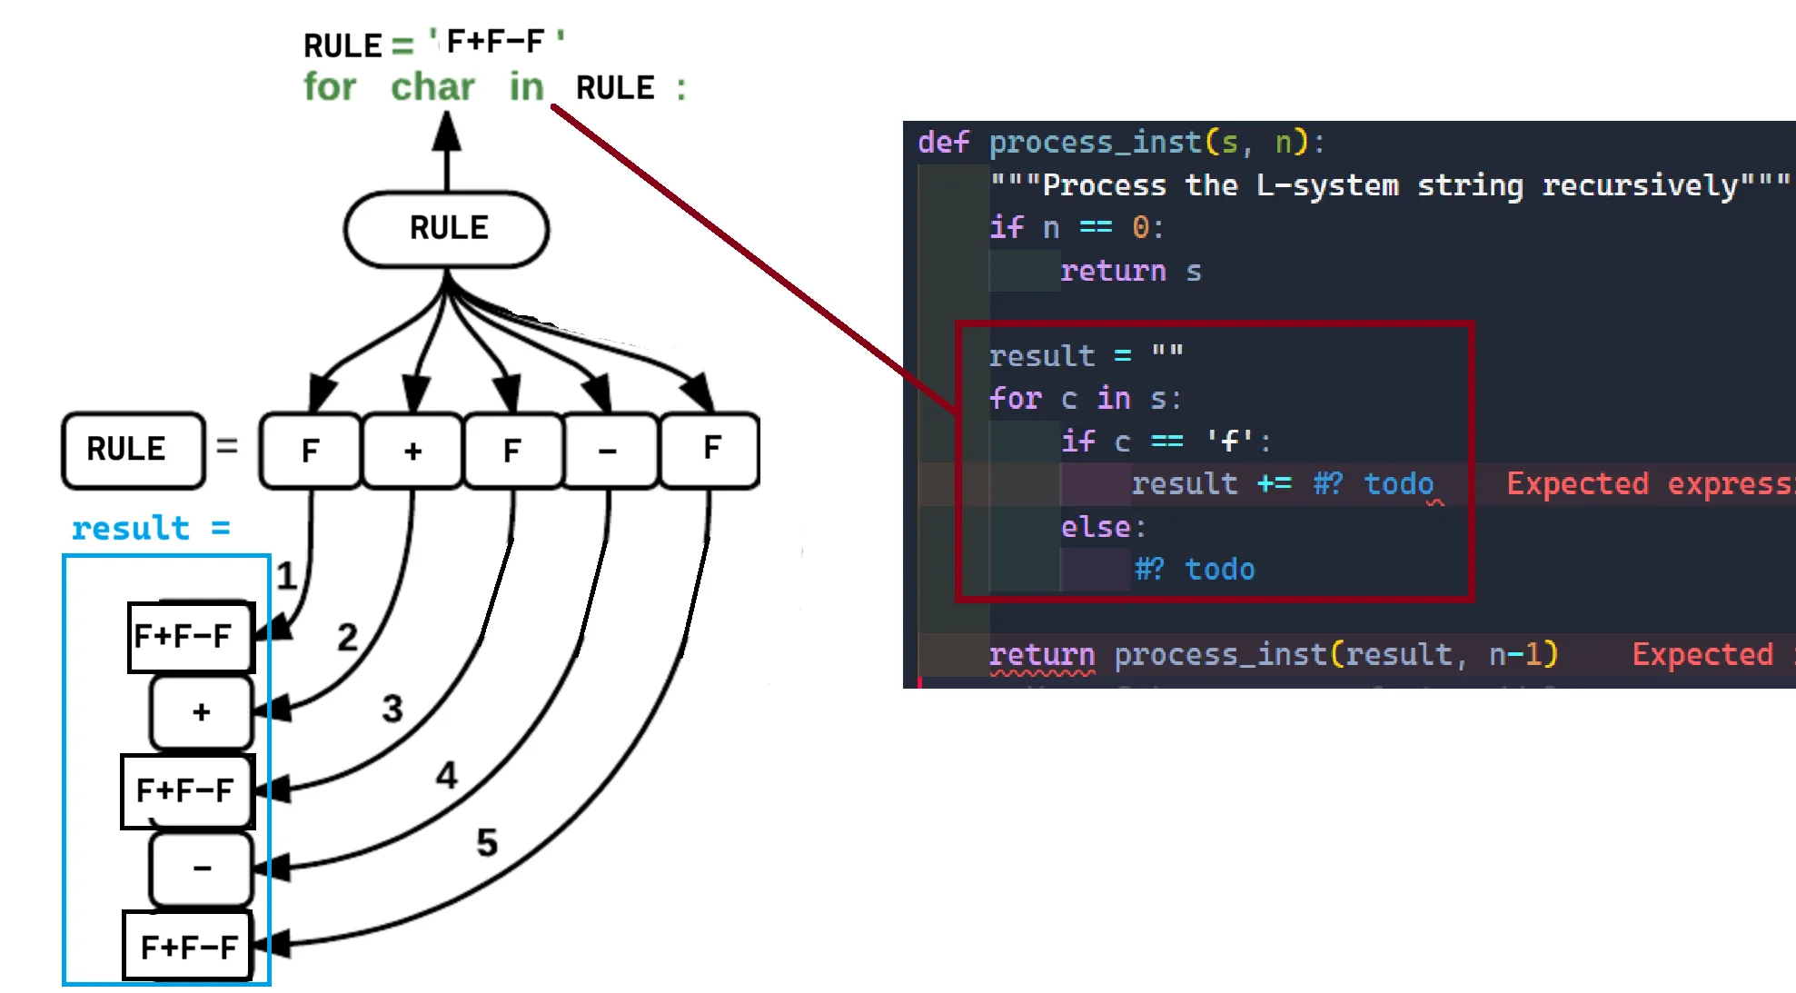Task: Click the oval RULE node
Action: point(447,229)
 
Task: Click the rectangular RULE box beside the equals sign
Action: point(133,450)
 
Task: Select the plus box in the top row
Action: point(412,451)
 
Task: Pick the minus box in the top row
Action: point(608,451)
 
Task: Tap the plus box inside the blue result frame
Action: point(201,712)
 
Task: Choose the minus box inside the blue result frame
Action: point(201,869)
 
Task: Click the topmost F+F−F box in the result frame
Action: point(191,637)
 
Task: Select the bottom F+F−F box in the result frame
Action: point(188,947)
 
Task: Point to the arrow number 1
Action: point(286,576)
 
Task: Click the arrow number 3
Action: point(392,709)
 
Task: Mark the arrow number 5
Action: point(487,843)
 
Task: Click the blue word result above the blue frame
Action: point(131,528)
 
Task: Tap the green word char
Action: point(432,88)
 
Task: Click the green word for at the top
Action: point(330,88)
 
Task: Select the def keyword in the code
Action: point(943,143)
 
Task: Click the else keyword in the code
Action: point(1096,527)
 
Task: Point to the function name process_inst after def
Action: point(1095,143)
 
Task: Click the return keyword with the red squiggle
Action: point(1041,654)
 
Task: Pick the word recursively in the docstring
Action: point(1640,185)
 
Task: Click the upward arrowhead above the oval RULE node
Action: point(446,132)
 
